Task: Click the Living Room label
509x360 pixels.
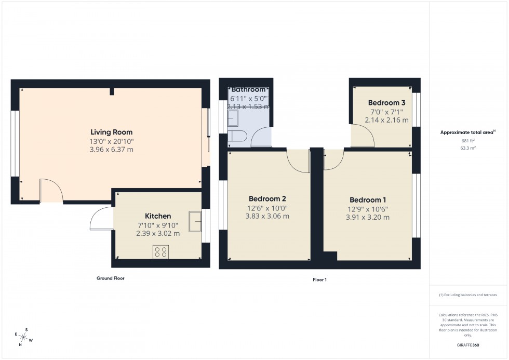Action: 111,132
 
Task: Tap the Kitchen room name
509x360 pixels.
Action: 158,216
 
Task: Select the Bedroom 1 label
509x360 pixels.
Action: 368,200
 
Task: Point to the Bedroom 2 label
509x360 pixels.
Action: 267,198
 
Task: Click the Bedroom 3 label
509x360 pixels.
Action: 386,103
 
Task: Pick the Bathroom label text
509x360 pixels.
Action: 249,89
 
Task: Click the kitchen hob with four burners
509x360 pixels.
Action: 160,252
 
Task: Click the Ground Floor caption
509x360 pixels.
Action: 110,278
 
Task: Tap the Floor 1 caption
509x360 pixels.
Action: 319,280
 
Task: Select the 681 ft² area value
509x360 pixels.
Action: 468,141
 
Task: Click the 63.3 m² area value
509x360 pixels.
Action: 468,148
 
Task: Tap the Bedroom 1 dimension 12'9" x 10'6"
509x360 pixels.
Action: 368,209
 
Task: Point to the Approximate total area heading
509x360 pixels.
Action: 467,132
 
